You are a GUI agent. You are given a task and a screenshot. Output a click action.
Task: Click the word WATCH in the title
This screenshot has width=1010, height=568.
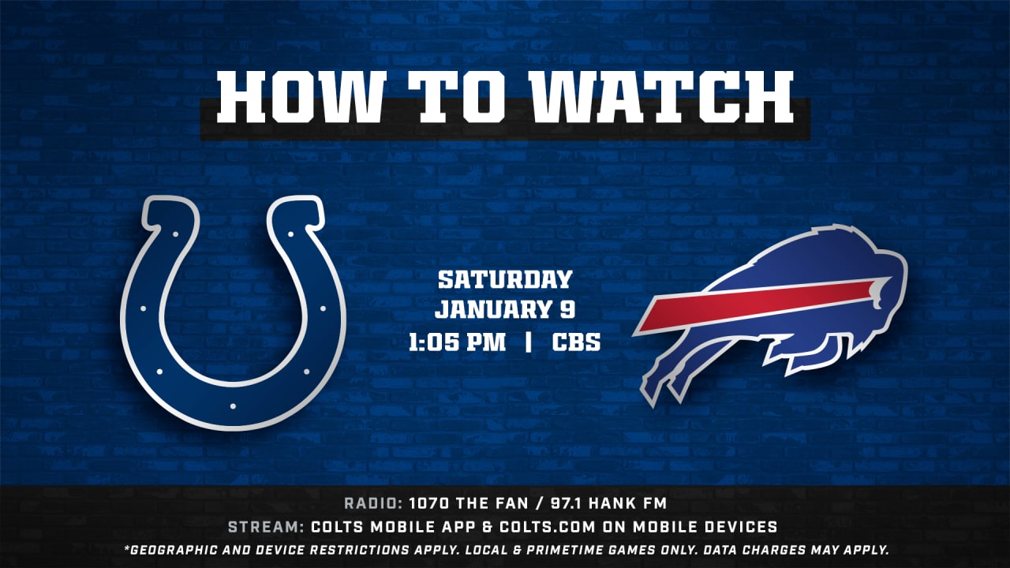662,96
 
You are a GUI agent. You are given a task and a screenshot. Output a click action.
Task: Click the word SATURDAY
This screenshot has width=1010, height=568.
505,279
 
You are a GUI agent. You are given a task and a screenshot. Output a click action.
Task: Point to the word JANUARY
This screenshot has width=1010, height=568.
488,310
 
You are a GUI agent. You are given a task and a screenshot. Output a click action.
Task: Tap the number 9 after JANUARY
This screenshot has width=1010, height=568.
567,310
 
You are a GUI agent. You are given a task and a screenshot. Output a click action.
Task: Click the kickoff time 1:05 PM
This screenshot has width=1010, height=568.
457,342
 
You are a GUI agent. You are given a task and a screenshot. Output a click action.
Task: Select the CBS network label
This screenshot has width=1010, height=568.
576,342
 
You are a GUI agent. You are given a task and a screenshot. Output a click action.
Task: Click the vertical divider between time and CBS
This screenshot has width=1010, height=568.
529,342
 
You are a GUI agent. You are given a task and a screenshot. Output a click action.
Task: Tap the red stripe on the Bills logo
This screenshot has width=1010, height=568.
762,305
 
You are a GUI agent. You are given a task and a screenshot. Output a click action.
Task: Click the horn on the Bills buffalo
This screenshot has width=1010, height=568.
880,293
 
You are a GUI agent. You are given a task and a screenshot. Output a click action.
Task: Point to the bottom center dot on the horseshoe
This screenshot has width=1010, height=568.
233,406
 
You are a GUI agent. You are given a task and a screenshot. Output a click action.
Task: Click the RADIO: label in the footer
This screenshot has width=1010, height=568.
373,503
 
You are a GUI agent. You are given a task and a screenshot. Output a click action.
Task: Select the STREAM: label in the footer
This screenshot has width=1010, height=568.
266,526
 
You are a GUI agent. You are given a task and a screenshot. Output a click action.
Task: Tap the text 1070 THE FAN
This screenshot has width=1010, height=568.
469,503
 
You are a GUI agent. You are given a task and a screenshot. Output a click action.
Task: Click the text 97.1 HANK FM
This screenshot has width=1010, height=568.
608,503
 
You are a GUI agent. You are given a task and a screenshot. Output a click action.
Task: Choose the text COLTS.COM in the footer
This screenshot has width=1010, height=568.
548,526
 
